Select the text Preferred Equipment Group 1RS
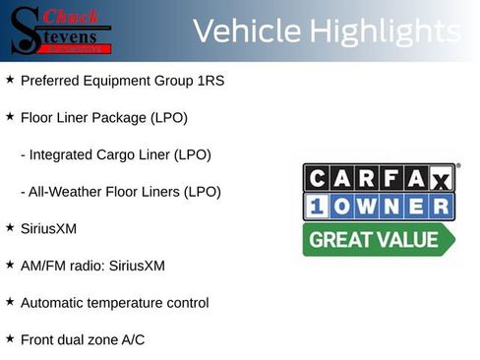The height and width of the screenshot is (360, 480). click(x=122, y=80)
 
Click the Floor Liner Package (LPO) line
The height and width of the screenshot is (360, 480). click(x=103, y=117)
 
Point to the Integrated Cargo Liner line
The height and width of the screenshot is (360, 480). click(x=115, y=154)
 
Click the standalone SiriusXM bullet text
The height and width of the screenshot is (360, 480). click(x=48, y=228)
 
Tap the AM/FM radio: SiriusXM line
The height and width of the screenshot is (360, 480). click(x=92, y=266)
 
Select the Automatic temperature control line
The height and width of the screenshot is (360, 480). click(x=114, y=303)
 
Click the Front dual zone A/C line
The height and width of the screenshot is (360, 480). click(x=82, y=339)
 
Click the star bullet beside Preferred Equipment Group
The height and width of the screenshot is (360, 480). click(x=10, y=79)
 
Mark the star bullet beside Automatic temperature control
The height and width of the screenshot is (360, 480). click(x=10, y=302)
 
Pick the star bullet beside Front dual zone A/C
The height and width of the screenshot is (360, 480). click(x=10, y=338)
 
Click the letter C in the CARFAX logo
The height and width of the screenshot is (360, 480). click(x=317, y=178)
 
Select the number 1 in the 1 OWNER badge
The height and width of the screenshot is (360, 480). click(x=317, y=208)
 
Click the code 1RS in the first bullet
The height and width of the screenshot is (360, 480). click(x=211, y=80)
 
